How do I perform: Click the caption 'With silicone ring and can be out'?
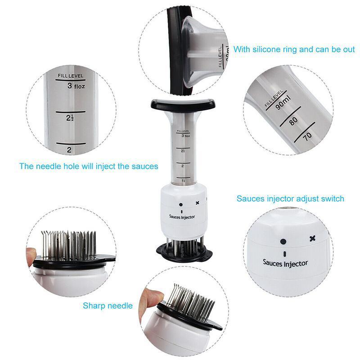tap(294, 49)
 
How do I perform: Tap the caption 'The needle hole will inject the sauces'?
tap(89, 166)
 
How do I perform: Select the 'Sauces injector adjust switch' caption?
tap(290, 198)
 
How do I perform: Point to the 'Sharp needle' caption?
tap(108, 306)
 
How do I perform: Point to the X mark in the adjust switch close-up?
tap(312, 238)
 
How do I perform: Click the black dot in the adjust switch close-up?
tap(283, 241)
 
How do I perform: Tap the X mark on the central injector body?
tap(197, 203)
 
